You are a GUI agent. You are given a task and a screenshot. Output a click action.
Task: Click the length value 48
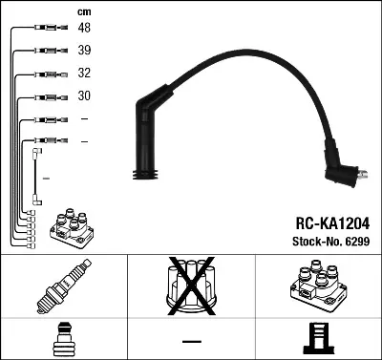pos(84,30)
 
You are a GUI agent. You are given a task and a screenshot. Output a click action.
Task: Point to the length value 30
pos(84,96)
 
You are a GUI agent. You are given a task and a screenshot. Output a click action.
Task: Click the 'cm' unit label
pos(84,11)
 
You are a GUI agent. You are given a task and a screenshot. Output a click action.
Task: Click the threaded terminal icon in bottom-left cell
pos(63,339)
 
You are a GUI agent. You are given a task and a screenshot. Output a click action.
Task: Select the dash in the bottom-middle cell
pos(191,341)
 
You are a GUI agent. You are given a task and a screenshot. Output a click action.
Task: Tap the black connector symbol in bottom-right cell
pos(317,339)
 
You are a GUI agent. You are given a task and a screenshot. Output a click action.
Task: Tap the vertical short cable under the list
pos(37,177)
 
